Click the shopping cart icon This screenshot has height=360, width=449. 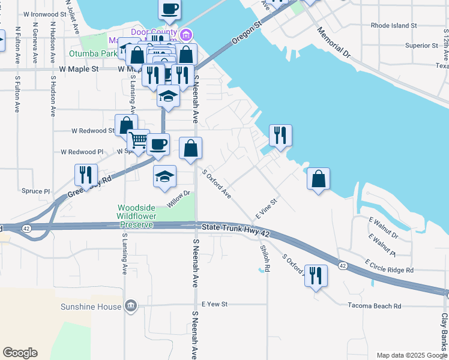pos(138,140)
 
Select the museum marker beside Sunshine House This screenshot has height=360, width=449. pos(131,307)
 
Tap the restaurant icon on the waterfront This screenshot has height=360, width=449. pos(280,135)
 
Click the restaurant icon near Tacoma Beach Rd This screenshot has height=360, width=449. pos(316,275)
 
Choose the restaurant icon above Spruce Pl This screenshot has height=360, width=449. pos(86,175)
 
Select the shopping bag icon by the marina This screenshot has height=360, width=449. pos(318,178)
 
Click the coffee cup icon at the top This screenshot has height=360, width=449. pos(170,9)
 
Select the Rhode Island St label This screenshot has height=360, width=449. pos(394,26)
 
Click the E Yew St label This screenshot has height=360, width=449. pos(215,304)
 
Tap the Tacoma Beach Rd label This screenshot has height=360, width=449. pos(374,306)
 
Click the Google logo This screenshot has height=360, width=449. pos(20,353)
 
